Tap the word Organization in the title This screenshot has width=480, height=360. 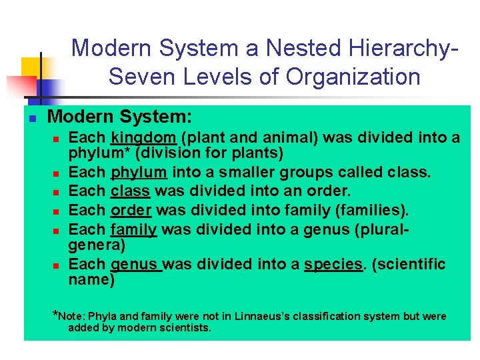pyautogui.click(x=353, y=77)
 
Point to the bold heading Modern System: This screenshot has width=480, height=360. pyautogui.click(x=120, y=117)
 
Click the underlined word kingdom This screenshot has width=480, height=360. pyautogui.click(x=143, y=138)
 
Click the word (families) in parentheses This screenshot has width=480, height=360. pyautogui.click(x=373, y=211)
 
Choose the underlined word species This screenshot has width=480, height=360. pyautogui.click(x=333, y=264)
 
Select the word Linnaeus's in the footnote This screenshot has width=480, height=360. pyautogui.click(x=250, y=316)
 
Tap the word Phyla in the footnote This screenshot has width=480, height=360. pyautogui.click(x=103, y=316)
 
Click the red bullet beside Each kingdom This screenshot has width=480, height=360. pyautogui.click(x=57, y=139)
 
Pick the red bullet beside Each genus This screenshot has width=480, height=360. pyautogui.click(x=57, y=265)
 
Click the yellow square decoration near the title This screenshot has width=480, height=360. pyautogui.click(x=32, y=67)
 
